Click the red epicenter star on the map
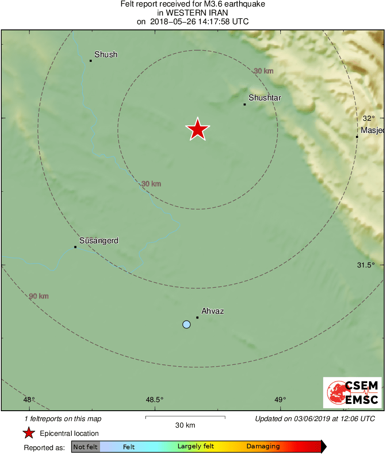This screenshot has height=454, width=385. (x=197, y=129)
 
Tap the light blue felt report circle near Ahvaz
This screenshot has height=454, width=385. (x=186, y=324)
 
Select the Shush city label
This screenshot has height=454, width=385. (x=106, y=55)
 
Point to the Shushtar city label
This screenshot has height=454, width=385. (x=265, y=98)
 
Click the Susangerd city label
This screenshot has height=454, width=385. (x=99, y=241)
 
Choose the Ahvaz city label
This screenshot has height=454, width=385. (x=213, y=311)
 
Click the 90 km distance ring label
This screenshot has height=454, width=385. (x=39, y=296)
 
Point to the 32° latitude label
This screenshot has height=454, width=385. (x=368, y=118)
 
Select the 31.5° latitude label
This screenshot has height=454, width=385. (x=366, y=265)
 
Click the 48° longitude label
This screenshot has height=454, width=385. (x=29, y=399)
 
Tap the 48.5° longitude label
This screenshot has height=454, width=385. (x=154, y=399)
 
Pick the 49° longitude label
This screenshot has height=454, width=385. (x=280, y=399)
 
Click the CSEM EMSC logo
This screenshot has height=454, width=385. (x=352, y=393)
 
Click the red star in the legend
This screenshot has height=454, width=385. (x=29, y=433)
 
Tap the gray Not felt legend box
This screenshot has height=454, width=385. (x=86, y=447)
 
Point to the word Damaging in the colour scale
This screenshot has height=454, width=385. (x=263, y=447)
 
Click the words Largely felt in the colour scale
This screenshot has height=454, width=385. (x=196, y=447)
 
